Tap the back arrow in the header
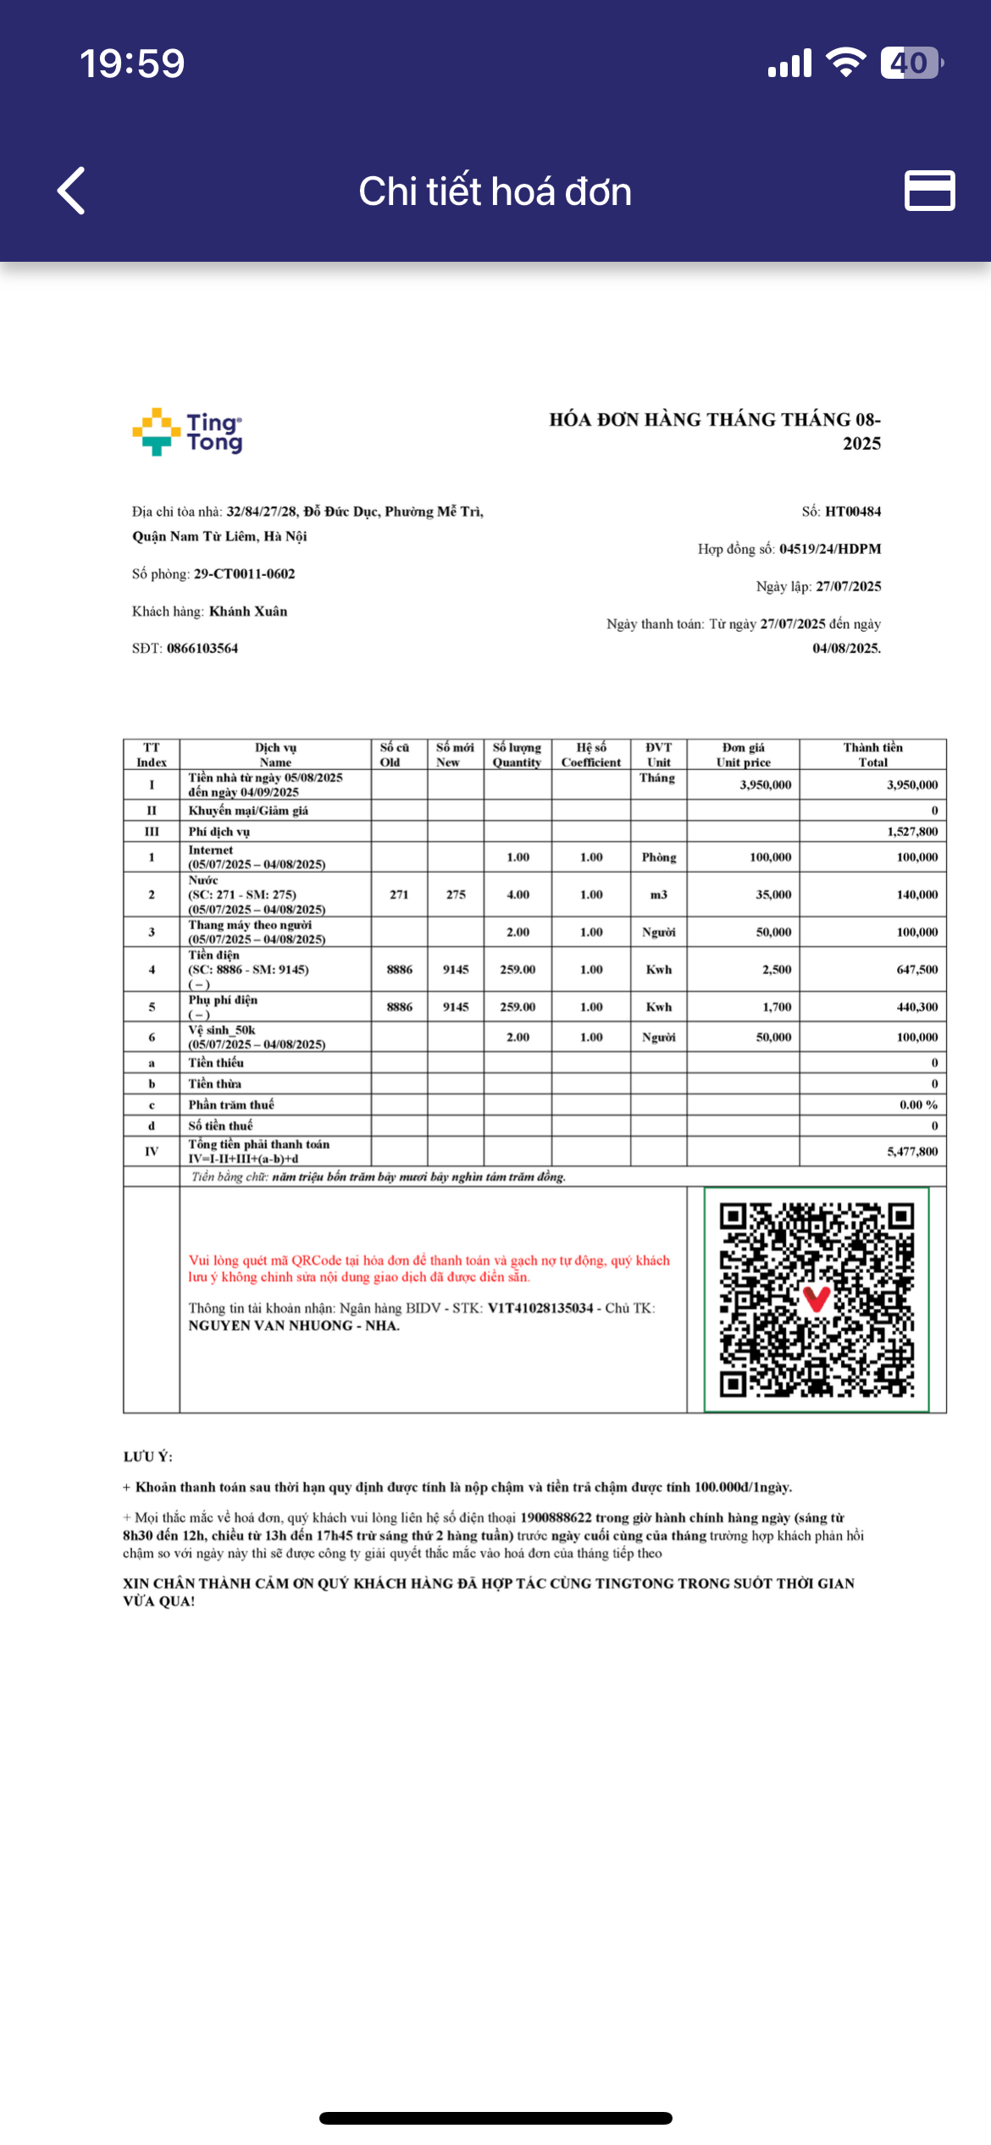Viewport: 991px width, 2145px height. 72,191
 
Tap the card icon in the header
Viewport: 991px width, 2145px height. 929,191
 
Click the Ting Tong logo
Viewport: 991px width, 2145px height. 188,432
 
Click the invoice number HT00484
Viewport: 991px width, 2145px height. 853,512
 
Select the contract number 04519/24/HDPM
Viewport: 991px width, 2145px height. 830,549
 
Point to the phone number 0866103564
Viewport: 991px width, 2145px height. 202,648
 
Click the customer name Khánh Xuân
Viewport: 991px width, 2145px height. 248,611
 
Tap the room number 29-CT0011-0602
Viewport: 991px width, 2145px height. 245,574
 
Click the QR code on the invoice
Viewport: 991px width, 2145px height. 817,1300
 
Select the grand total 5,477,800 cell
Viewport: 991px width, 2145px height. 912,1151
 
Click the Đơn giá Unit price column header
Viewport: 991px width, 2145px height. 743,754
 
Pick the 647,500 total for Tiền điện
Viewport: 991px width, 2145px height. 916,969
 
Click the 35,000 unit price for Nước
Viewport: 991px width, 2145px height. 773,895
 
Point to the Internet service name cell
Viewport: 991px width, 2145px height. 257,856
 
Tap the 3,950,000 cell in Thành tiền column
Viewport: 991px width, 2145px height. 912,784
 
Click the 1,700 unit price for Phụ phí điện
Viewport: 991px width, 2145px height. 777,1006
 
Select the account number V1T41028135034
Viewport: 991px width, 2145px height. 540,1308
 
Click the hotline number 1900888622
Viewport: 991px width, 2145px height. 556,1517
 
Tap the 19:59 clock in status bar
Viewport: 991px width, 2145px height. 132,64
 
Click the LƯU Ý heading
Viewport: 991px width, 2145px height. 147,1457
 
